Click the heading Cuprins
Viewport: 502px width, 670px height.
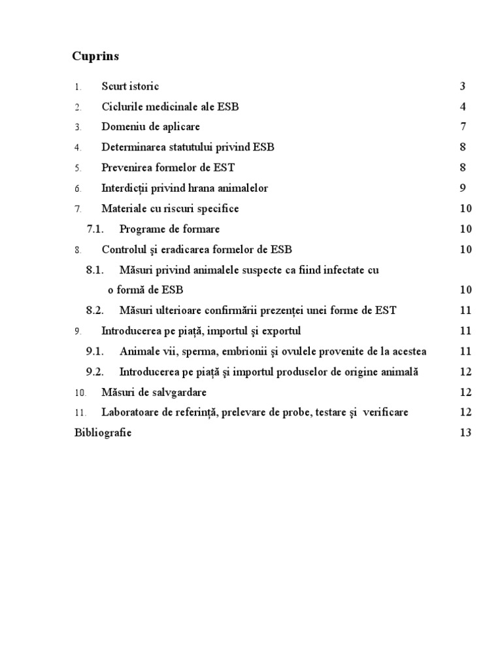click(x=95, y=56)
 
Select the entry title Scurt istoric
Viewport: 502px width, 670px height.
click(x=130, y=86)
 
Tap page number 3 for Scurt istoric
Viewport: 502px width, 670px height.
click(x=462, y=86)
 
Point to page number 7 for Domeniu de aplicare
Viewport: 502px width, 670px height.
click(x=462, y=127)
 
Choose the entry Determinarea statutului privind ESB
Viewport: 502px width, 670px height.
click(x=188, y=147)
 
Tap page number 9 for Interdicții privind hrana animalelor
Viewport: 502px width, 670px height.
click(x=462, y=188)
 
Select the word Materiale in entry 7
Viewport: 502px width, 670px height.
click(x=123, y=209)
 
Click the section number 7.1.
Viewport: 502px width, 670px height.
click(x=95, y=229)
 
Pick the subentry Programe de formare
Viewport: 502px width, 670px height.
click(x=169, y=229)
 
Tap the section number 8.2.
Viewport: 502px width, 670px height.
click(x=95, y=310)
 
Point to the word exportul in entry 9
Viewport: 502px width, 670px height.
click(x=282, y=331)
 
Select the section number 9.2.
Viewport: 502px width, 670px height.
click(x=95, y=372)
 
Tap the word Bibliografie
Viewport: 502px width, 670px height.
click(x=103, y=433)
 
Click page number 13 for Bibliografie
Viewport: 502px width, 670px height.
click(x=465, y=433)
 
